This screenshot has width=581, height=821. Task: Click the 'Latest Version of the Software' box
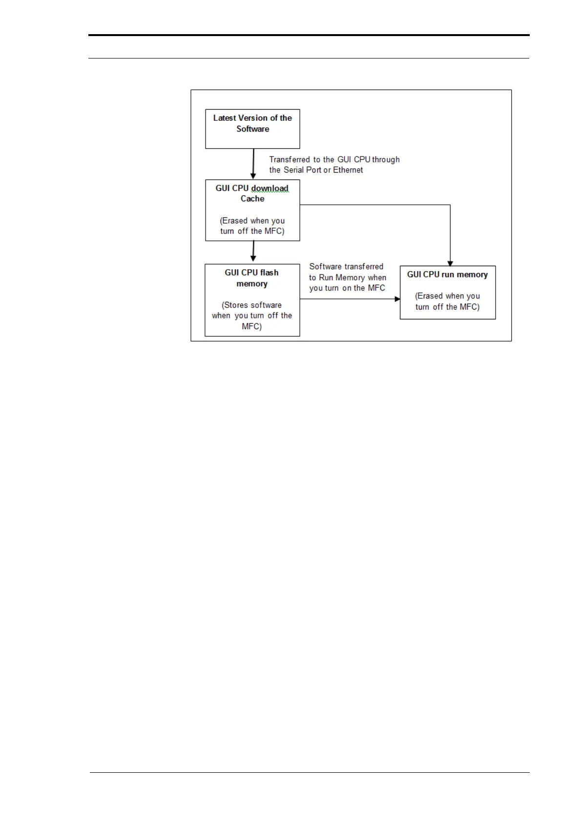(x=252, y=129)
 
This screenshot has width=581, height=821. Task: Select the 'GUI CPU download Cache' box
(x=252, y=210)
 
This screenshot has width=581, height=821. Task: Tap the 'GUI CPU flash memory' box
(x=252, y=300)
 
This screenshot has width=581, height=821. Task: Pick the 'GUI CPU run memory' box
(x=448, y=293)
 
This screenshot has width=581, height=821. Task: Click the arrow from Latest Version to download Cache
(x=253, y=164)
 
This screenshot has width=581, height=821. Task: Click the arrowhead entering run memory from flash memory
(x=397, y=299)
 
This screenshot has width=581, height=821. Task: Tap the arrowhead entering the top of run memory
(x=450, y=263)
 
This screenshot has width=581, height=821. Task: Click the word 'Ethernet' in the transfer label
(x=348, y=170)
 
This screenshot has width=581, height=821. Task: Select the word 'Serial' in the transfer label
(x=294, y=170)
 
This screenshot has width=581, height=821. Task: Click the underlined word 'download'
(x=270, y=188)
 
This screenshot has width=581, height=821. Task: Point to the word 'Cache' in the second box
(x=252, y=199)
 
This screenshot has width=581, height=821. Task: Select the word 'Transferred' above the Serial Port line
(x=290, y=159)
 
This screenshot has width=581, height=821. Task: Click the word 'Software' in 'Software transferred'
(x=325, y=267)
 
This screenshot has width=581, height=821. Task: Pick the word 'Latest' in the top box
(x=225, y=118)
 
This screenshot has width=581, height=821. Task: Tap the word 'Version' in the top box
(x=253, y=118)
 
